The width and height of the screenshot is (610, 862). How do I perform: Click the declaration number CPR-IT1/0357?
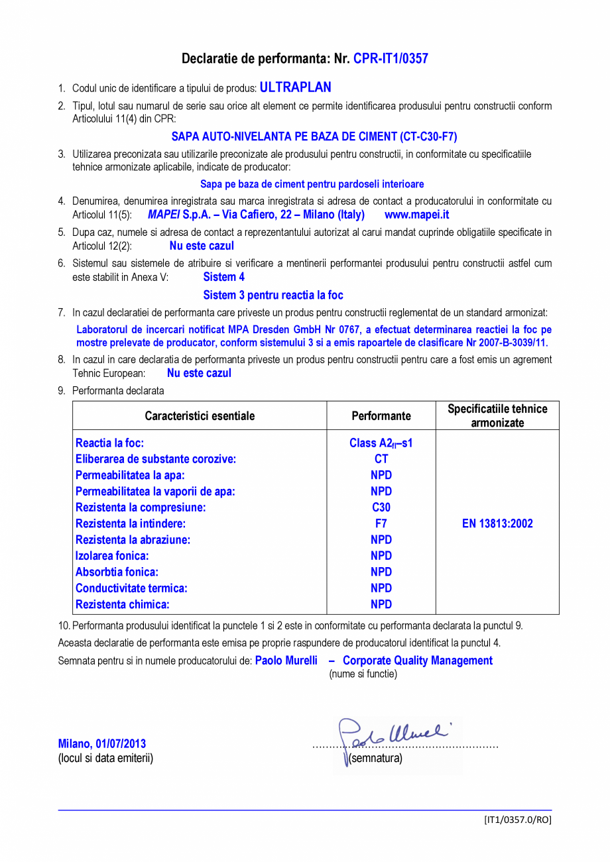[391, 59]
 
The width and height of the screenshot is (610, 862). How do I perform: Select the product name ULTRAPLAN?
[295, 87]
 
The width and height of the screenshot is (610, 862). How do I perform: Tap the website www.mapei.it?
[416, 215]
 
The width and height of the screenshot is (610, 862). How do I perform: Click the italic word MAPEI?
[164, 215]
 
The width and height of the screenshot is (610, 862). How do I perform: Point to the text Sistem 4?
[223, 277]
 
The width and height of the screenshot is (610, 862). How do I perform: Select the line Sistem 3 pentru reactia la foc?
[273, 295]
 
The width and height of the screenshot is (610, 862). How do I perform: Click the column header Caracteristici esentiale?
[200, 416]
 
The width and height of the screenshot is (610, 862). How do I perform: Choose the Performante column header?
[381, 416]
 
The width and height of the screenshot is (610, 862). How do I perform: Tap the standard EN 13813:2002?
[497, 523]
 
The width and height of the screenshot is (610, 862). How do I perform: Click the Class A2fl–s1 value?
[381, 443]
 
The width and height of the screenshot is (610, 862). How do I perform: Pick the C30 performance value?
[381, 508]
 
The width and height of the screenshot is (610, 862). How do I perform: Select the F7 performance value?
[381, 523]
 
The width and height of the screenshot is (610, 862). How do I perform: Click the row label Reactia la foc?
[110, 443]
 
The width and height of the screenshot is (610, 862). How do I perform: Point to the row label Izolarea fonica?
[112, 556]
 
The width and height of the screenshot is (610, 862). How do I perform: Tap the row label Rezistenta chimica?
[123, 604]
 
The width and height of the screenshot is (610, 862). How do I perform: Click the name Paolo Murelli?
[286, 661]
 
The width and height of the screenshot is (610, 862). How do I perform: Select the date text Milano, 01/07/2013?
[102, 744]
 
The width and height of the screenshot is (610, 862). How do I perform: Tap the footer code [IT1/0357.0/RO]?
[517, 820]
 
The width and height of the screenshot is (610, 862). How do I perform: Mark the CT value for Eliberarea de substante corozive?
[381, 459]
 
